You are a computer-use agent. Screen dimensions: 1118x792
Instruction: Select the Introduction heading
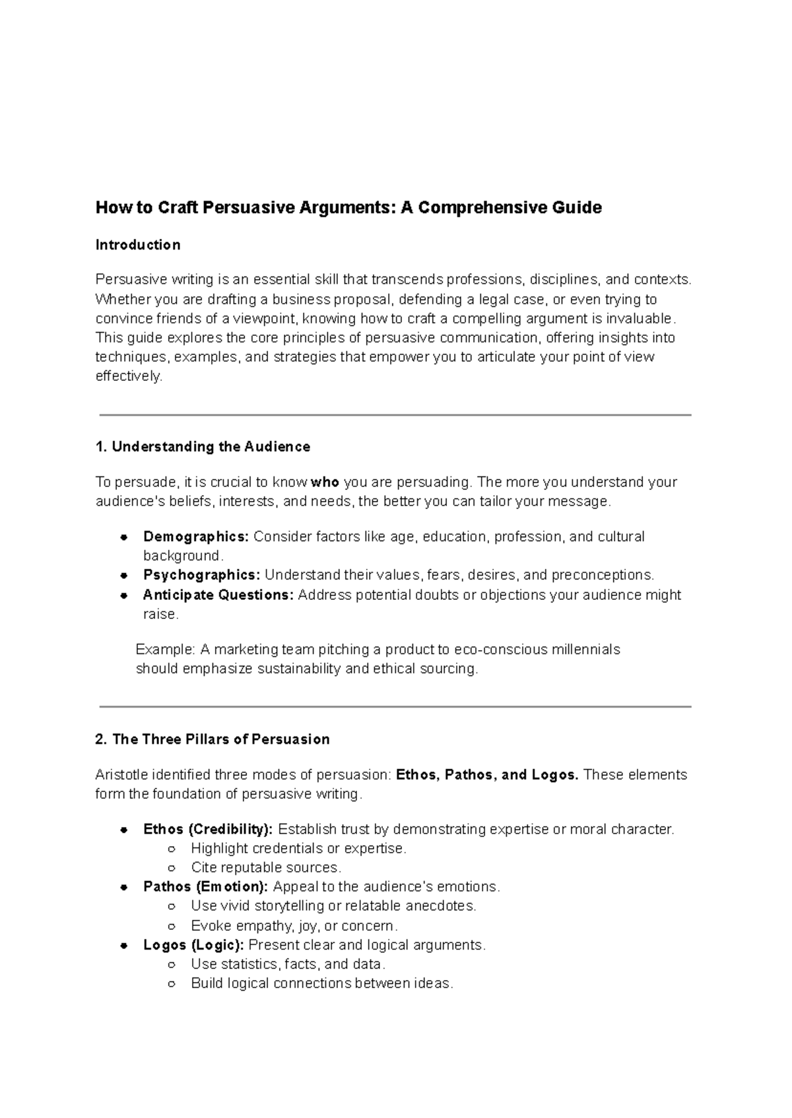tap(137, 245)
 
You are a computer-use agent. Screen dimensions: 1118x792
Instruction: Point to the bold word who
tap(325, 482)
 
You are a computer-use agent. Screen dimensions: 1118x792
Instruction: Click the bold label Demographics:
tap(196, 537)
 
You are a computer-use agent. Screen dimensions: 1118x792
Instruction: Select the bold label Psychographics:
tap(201, 575)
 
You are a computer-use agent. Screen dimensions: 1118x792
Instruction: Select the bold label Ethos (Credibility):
tap(208, 829)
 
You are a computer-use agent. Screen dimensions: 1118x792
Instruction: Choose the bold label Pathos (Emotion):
tap(205, 886)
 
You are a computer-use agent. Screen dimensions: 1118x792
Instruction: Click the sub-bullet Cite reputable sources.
tap(265, 867)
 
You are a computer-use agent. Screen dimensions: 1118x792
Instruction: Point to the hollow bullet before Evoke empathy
tap(172, 926)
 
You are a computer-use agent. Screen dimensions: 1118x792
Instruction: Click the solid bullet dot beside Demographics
tap(123, 537)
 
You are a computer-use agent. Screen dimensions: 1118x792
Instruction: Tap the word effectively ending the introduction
tap(127, 376)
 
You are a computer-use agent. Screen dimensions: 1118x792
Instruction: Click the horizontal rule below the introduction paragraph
tap(395, 415)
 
